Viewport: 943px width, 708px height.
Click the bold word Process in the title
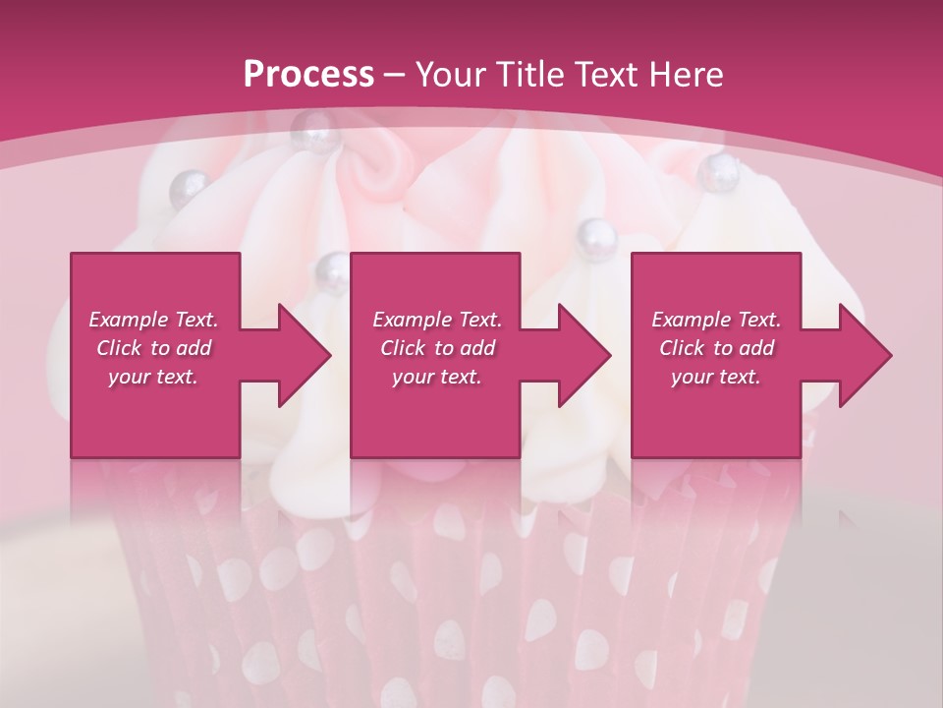tap(308, 74)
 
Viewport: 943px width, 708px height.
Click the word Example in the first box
tap(128, 320)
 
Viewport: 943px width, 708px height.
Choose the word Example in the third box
tap(690, 320)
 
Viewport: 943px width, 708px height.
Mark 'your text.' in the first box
tap(153, 377)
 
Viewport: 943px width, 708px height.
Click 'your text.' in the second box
tap(436, 377)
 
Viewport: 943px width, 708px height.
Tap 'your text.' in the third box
tap(716, 377)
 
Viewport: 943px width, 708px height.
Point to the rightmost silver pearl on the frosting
tap(720, 172)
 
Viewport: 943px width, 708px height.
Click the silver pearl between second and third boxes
tap(595, 235)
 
